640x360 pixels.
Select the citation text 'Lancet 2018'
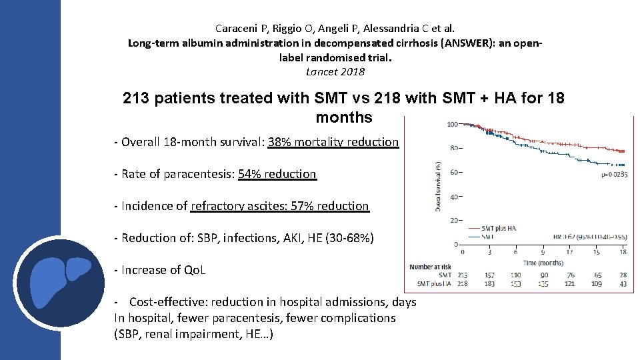(x=335, y=72)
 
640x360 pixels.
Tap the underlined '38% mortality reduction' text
(x=333, y=142)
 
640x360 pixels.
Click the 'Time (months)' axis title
(x=543, y=263)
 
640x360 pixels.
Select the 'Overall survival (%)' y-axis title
(x=437, y=187)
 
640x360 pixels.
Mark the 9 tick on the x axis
(x=543, y=253)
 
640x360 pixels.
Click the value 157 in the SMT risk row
(x=489, y=275)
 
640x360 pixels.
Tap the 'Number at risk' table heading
(x=431, y=267)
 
